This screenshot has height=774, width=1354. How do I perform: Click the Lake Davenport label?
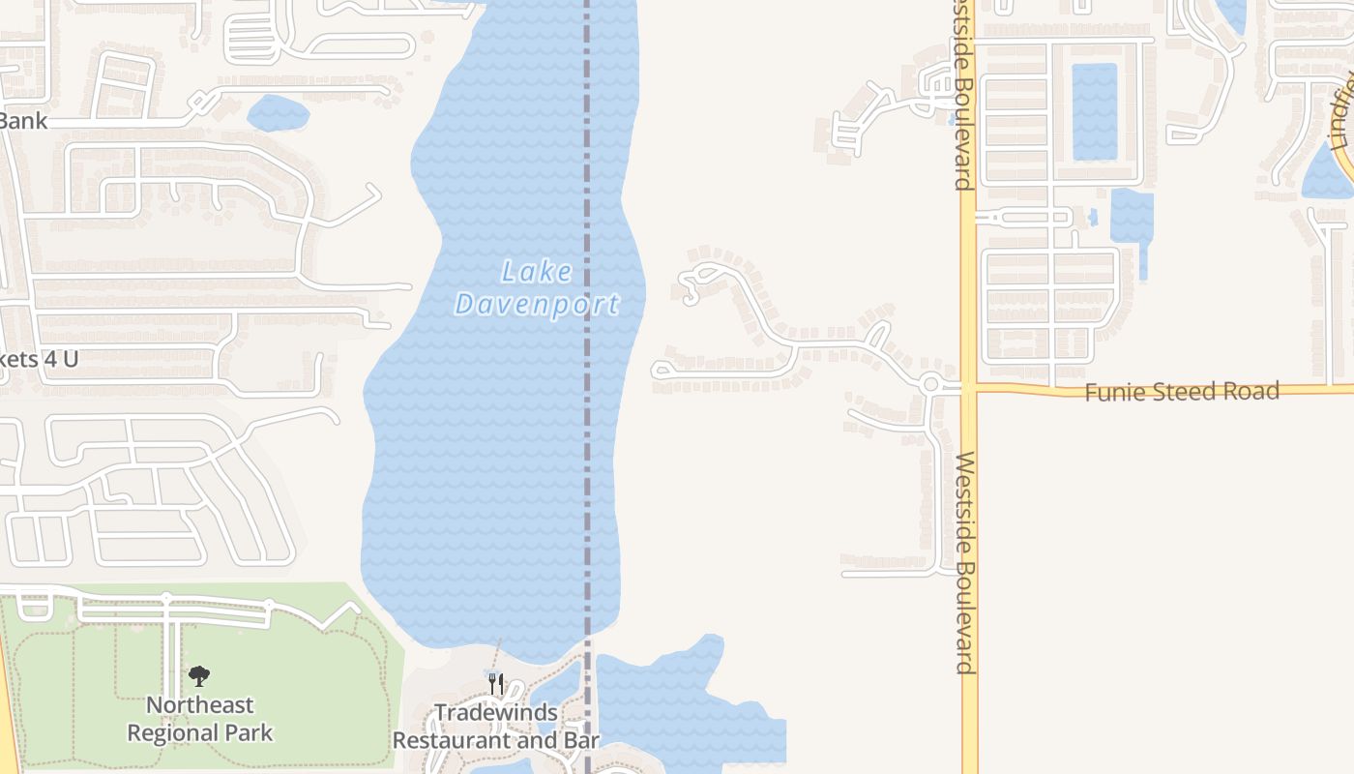pyautogui.click(x=537, y=288)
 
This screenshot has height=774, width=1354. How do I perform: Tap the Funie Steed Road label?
pyautogui.click(x=1181, y=392)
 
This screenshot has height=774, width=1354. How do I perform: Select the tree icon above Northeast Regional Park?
pyautogui.click(x=199, y=675)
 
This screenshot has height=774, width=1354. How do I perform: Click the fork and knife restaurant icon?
pyautogui.click(x=496, y=684)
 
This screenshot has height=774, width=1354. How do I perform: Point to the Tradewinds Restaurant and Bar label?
pyautogui.click(x=496, y=727)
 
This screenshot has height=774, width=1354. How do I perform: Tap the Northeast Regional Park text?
pyautogui.click(x=200, y=719)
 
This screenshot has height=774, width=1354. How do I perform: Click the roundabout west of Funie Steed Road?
pyautogui.click(x=931, y=384)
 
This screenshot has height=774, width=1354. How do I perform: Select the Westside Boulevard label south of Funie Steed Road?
pyautogui.click(x=963, y=561)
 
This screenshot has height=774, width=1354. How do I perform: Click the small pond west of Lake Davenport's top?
pyautogui.click(x=279, y=113)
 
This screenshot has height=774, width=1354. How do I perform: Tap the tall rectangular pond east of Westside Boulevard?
pyautogui.click(x=1095, y=111)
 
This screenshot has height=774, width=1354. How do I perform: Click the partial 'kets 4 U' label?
pyautogui.click(x=39, y=359)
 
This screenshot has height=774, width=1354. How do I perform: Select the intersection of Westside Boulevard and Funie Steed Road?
pyautogui.click(x=969, y=388)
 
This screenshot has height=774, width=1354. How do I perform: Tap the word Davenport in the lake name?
pyautogui.click(x=537, y=304)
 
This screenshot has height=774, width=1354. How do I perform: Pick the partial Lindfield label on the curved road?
pyautogui.click(x=1341, y=111)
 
